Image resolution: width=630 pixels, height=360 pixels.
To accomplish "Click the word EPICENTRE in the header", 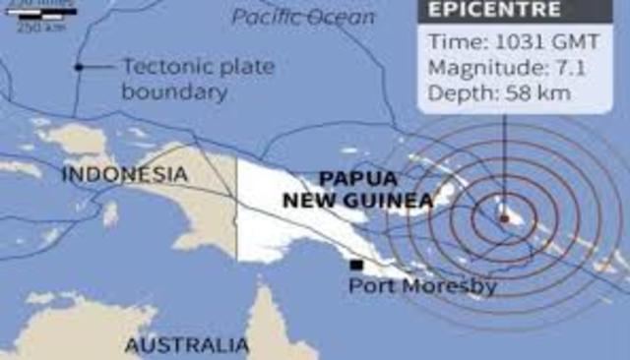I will coord(492,11).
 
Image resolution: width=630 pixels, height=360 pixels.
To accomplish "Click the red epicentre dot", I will coord(504,217).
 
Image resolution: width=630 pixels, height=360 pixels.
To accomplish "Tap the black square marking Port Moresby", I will coord(356,265).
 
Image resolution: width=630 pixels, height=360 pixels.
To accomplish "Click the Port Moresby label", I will coord(423,287).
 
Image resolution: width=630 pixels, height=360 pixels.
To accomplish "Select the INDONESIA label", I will coord(123,175).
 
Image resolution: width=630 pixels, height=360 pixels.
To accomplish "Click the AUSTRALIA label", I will coord(187,345).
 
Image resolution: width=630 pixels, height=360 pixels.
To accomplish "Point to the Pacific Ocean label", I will coord(303,17).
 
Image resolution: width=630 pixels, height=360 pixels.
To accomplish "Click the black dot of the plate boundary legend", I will coord(79,67).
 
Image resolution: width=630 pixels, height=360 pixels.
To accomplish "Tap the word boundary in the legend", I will coord(175,93).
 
